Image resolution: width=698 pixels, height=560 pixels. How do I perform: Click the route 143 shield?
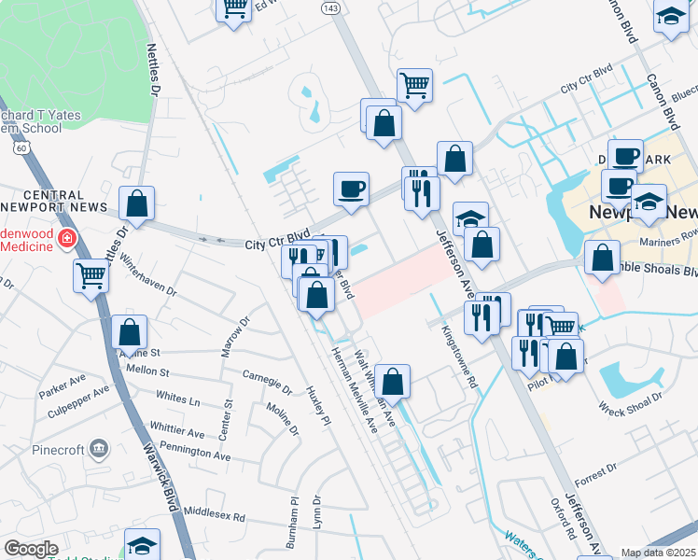tap(328, 7)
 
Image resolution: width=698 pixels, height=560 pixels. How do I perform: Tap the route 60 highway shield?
tap(21, 147)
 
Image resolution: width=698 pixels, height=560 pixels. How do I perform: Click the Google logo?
tap(31, 549)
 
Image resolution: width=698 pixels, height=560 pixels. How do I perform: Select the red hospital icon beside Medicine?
tap(66, 240)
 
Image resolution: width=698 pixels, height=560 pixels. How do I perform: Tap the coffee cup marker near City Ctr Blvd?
tap(351, 189)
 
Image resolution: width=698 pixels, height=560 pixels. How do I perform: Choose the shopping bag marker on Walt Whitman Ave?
tap(393, 381)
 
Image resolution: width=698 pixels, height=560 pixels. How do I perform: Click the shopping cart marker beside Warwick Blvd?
tap(91, 275)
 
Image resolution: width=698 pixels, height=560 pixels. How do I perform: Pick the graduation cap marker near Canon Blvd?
tap(671, 16)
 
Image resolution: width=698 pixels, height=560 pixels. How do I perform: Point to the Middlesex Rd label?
tap(214, 513)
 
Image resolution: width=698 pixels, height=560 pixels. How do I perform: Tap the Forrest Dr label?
tap(591, 479)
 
